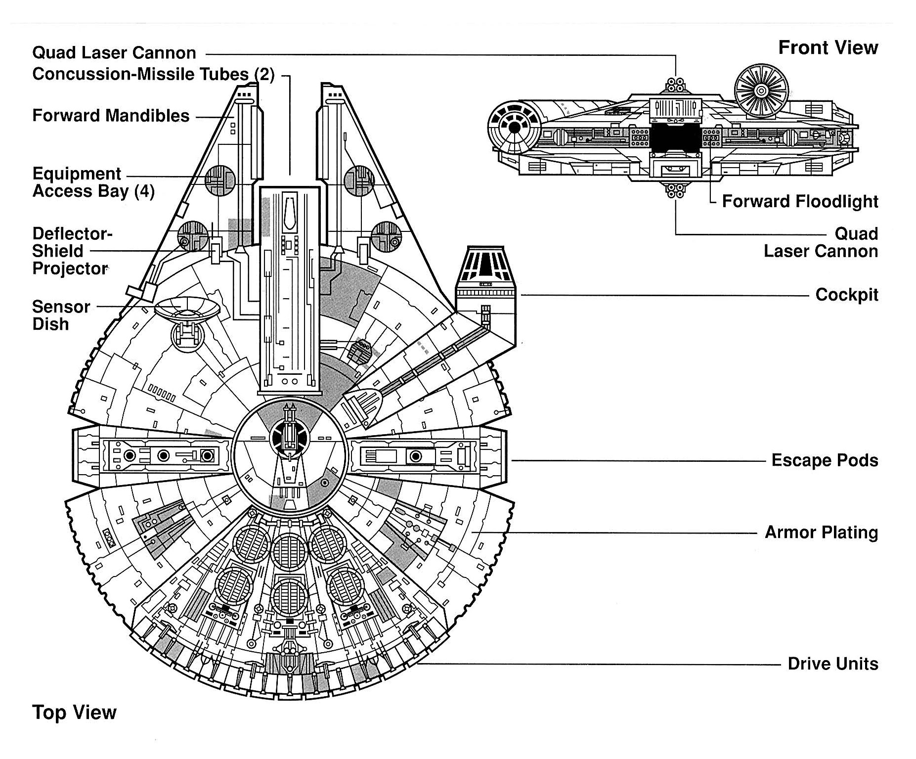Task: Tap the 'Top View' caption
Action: [74, 713]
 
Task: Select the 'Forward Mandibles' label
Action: [111, 116]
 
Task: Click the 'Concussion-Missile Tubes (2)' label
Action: [153, 74]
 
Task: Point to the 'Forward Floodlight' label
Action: [800, 202]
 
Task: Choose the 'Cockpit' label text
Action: [847, 295]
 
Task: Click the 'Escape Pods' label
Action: [825, 460]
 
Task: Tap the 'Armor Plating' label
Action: [821, 533]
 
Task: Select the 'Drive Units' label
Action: [833, 664]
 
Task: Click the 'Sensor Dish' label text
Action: [60, 315]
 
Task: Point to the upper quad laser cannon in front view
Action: [675, 85]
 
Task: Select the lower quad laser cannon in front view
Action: [675, 190]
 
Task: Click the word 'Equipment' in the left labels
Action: [77, 174]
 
